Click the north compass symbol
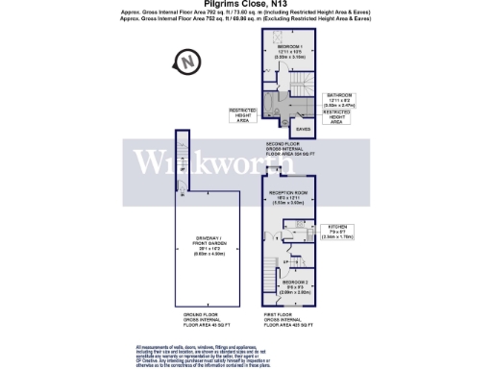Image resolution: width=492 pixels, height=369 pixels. (186, 62)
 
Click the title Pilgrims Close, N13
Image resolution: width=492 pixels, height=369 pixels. (245, 4)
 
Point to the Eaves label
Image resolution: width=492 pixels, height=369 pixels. (303, 128)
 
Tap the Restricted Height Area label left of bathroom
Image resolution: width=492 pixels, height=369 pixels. (241, 115)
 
